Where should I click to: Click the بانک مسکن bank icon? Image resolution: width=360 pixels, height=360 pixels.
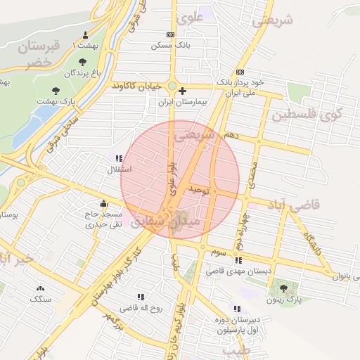(170, 34)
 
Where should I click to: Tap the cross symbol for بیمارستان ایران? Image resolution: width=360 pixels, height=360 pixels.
(183, 91)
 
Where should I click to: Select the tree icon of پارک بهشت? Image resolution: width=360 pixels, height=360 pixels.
(56, 91)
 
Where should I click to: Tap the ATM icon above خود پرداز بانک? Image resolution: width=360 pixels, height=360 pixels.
(240, 72)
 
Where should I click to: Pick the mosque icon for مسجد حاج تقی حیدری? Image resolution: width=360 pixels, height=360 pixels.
(103, 204)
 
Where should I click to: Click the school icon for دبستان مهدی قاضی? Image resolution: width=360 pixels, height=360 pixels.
(238, 260)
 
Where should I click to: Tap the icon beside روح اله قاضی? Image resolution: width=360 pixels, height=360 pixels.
(141, 297)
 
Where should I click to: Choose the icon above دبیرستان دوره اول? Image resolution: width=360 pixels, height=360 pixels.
(236, 309)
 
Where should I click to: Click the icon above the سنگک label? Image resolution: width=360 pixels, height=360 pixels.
(40, 288)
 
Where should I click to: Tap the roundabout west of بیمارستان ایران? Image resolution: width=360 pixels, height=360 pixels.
(172, 86)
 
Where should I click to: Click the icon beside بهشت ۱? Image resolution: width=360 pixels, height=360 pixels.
(86, 36)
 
